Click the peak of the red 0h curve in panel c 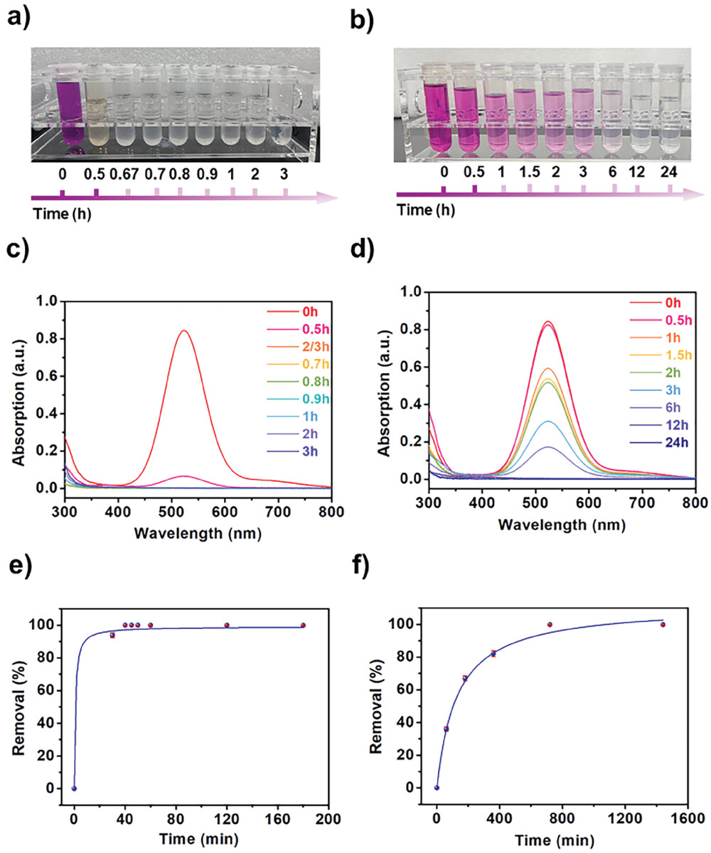184,331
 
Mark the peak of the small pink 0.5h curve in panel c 184,476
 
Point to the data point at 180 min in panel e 303,626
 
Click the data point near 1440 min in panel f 663,625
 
